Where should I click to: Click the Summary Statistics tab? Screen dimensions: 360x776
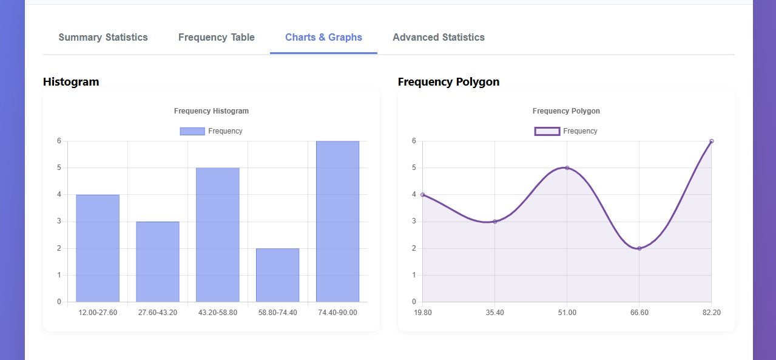[x=103, y=38]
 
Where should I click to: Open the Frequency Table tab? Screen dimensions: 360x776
[x=217, y=38]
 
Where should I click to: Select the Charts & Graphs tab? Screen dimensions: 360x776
[x=323, y=38]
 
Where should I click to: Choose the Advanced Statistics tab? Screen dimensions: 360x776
[x=439, y=38]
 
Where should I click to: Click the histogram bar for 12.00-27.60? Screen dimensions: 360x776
[x=98, y=248]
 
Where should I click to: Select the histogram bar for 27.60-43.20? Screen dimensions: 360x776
[x=158, y=262]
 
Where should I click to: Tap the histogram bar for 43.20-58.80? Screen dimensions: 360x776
[x=218, y=235]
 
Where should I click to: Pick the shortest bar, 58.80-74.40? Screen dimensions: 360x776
[x=277, y=275]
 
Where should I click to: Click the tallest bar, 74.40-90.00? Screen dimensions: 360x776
[x=337, y=222]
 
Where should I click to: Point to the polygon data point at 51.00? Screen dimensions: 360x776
[x=567, y=168]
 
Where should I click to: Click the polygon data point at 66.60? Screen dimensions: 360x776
[x=639, y=248]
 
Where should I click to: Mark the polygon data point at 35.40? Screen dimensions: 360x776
[x=495, y=222]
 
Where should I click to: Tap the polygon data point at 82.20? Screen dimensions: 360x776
[x=711, y=141]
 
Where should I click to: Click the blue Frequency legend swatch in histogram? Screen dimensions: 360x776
[x=192, y=131]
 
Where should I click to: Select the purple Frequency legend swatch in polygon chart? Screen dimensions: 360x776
[x=547, y=131]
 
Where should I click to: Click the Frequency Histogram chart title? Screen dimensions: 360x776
[x=211, y=111]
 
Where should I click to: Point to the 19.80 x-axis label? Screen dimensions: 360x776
[x=423, y=313]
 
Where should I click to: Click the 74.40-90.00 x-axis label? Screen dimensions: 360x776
[x=337, y=313]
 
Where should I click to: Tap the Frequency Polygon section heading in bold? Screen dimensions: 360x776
[x=448, y=82]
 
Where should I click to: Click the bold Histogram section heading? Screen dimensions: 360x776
[x=71, y=82]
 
